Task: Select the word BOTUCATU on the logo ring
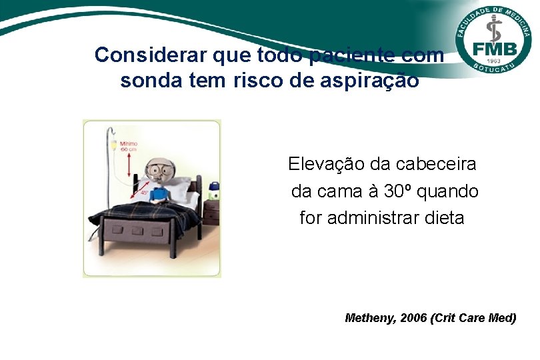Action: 495,69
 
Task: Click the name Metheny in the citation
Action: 371,318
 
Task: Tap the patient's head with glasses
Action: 158,171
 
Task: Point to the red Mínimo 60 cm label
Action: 129,145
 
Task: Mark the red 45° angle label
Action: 143,193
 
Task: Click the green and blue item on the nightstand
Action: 213,191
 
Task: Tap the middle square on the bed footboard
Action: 140,232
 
